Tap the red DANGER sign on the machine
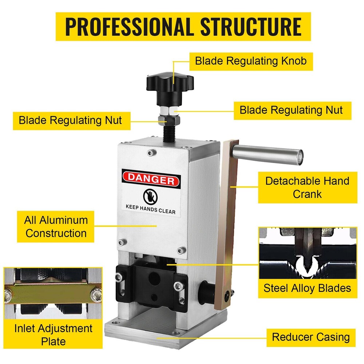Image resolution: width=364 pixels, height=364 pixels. point(151,179)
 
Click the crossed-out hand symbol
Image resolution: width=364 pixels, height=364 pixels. point(150,197)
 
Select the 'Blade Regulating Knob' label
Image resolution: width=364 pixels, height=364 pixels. point(251,60)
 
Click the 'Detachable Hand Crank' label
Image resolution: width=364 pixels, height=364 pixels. point(308,187)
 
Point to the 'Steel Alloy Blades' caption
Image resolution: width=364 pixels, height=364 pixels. point(308,288)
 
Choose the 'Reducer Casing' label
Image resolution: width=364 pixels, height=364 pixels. point(311,337)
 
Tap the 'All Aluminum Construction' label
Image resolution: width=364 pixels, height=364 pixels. point(56,226)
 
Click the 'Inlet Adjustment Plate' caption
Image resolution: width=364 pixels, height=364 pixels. point(53,335)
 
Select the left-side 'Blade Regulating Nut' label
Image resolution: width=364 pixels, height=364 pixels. point(71,120)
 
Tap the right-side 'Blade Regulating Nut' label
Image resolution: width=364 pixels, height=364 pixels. point(291,110)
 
